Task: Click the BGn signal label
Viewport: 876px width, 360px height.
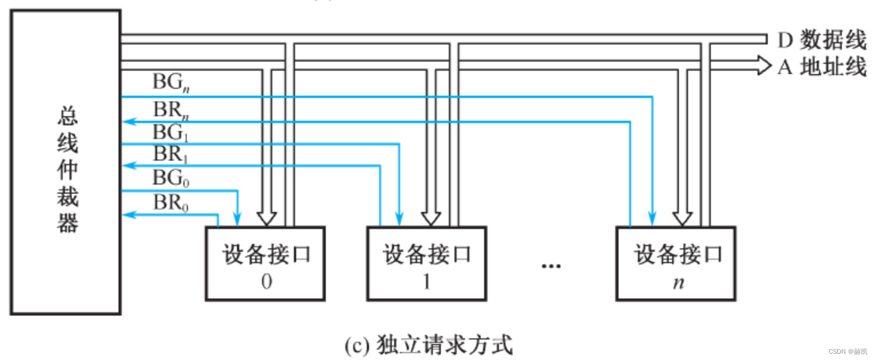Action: [x=171, y=83]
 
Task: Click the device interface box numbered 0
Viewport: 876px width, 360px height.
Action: [x=265, y=264]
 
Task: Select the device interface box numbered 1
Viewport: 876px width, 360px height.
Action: [x=427, y=264]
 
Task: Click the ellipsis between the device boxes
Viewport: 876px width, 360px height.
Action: [x=551, y=266]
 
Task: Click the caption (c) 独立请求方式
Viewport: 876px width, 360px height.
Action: [x=428, y=345]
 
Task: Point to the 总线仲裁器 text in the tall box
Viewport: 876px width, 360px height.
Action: [x=67, y=171]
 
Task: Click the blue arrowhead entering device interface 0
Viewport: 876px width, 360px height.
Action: [x=238, y=219]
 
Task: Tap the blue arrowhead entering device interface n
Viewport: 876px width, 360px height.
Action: [x=653, y=219]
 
